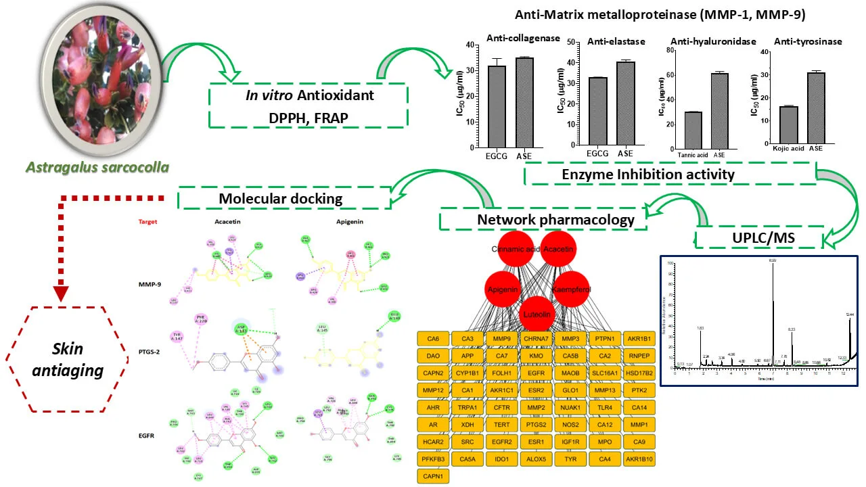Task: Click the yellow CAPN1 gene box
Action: (433, 476)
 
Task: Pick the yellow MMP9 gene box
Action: (501, 338)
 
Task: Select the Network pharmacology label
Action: (542, 219)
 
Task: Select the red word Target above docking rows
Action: (149, 221)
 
